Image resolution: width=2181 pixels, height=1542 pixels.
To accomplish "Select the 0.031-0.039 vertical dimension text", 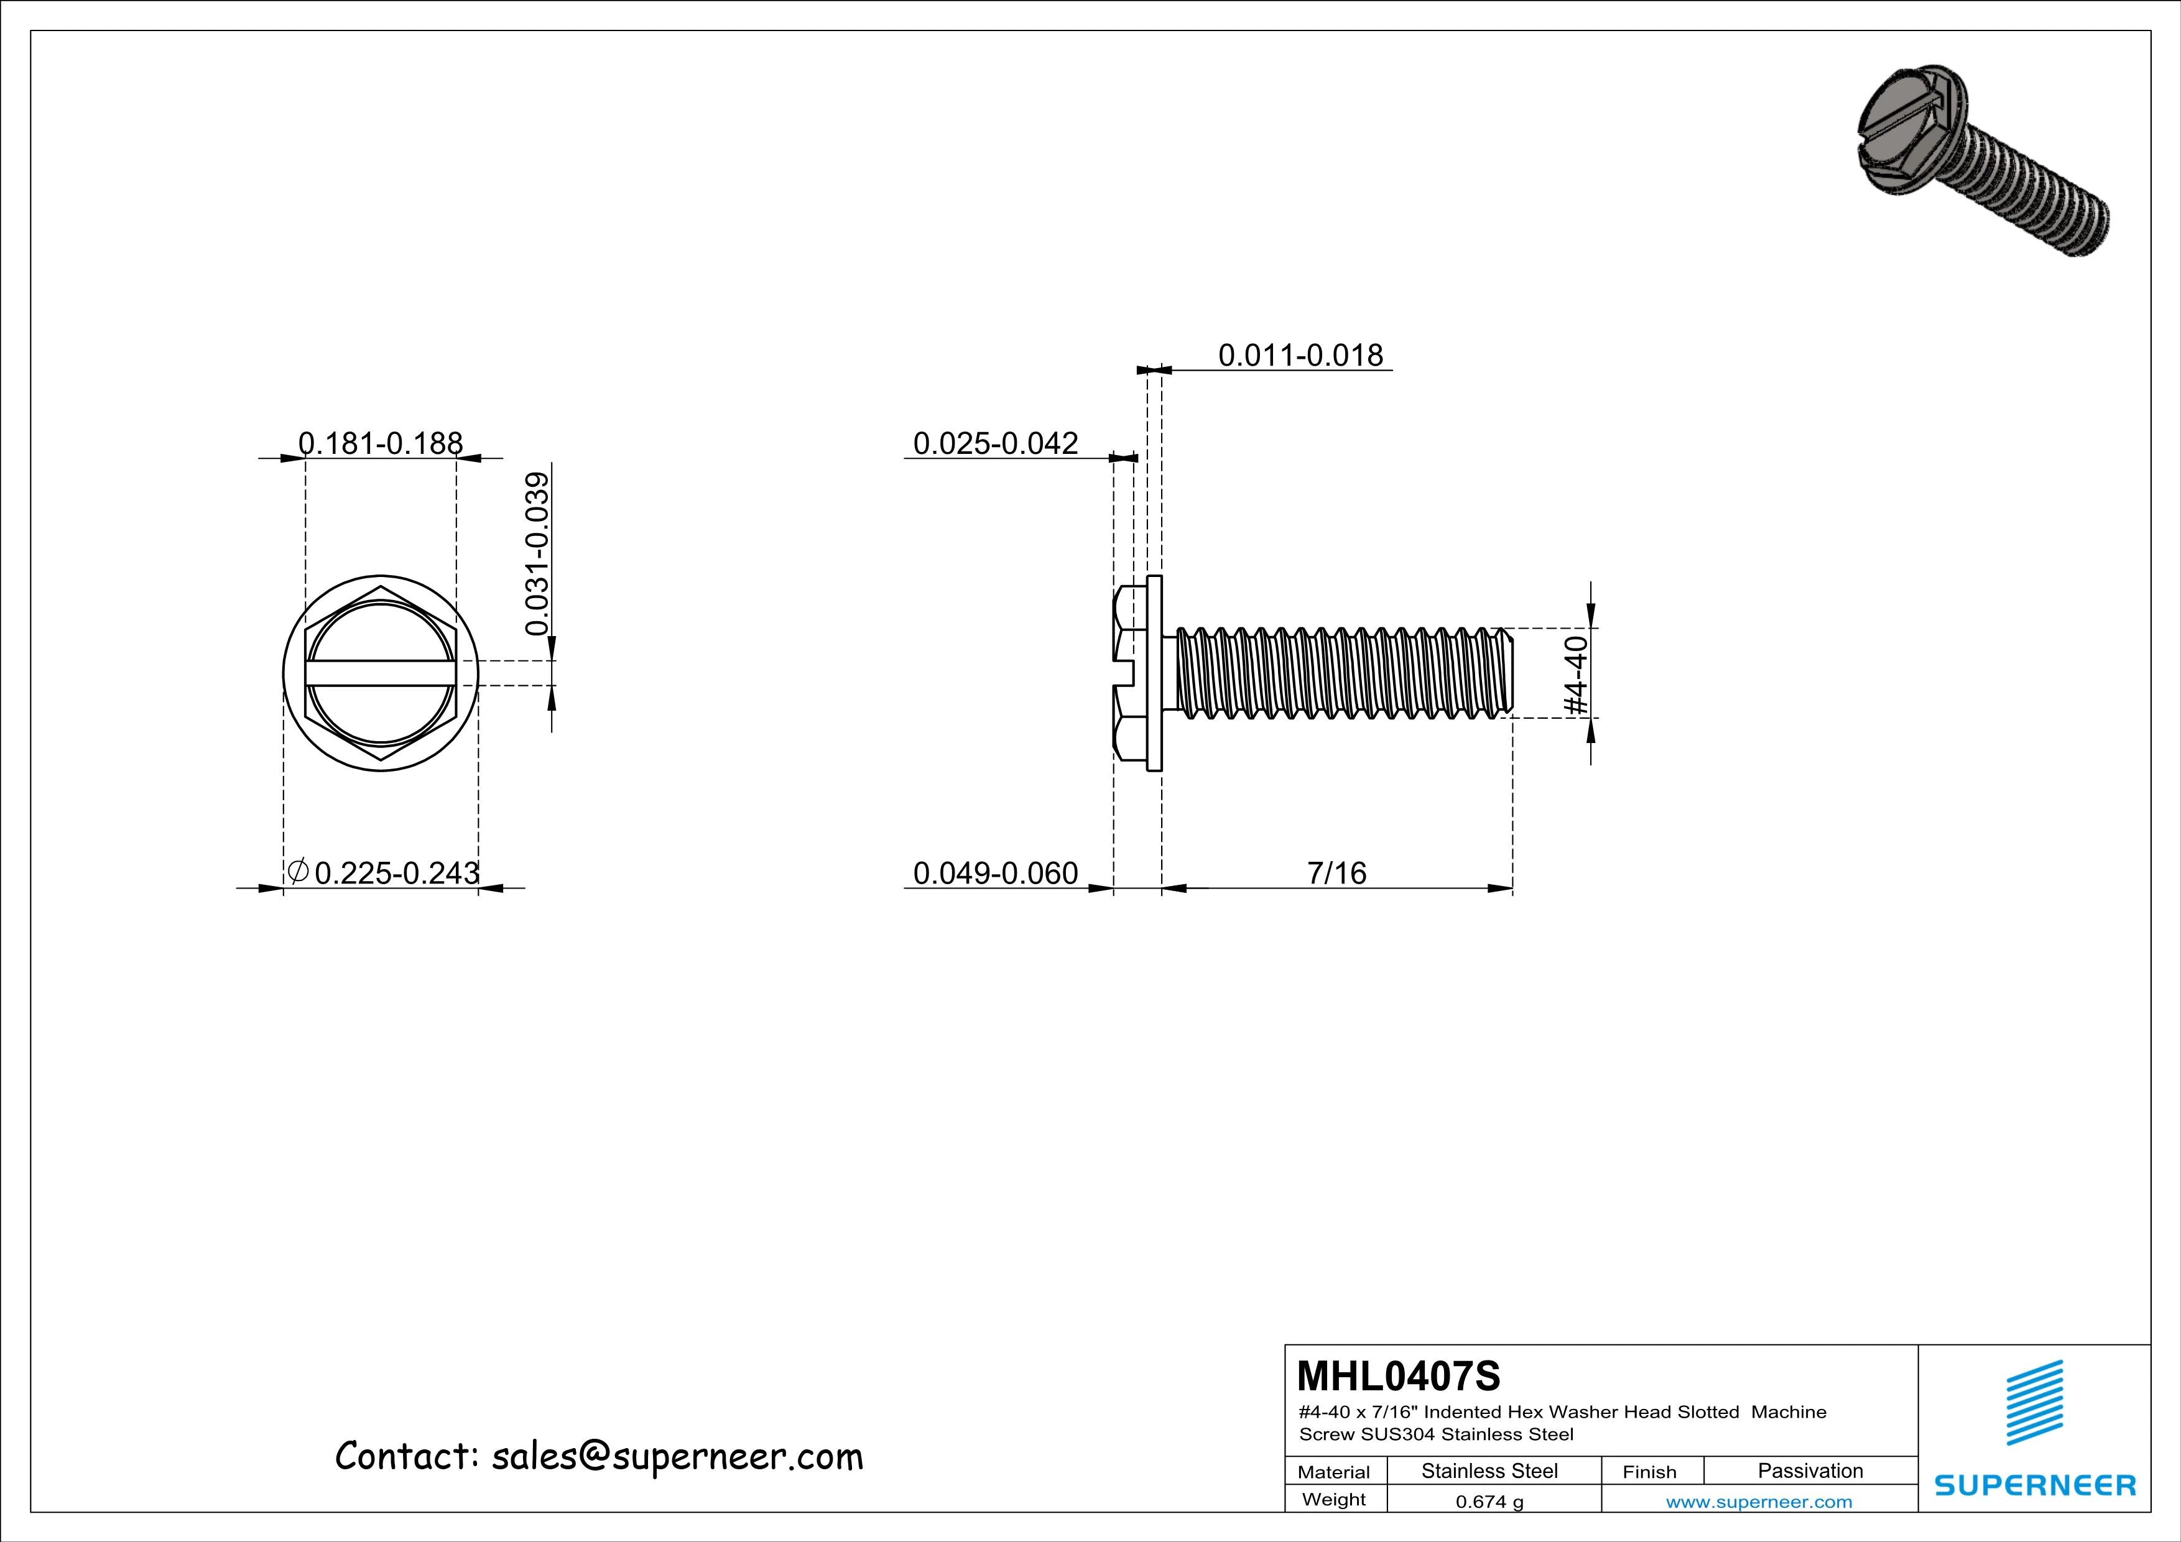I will (538, 553).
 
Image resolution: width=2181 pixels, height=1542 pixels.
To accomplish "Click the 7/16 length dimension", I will (1336, 872).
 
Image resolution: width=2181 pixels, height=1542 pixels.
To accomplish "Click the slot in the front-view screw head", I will (380, 673).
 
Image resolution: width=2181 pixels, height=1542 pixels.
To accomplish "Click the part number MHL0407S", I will (1397, 1375).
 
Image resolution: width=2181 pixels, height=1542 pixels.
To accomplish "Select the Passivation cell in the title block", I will (1810, 1470).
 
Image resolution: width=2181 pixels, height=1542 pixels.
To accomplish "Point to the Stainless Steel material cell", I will (1488, 1470).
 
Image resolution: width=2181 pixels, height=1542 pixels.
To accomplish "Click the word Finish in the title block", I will (1649, 1472).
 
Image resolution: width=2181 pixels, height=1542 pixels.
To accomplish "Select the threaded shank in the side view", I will (1340, 672).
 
